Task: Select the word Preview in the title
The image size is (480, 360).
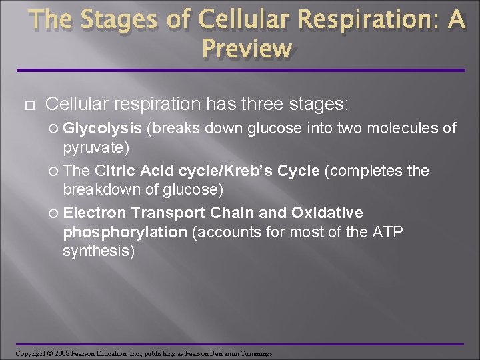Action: coord(246,48)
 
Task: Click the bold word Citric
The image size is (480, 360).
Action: coord(117,171)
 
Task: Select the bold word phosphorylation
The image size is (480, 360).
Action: coord(125,231)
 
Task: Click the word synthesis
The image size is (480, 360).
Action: coord(98,251)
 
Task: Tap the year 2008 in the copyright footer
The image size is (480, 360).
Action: coord(61,353)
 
